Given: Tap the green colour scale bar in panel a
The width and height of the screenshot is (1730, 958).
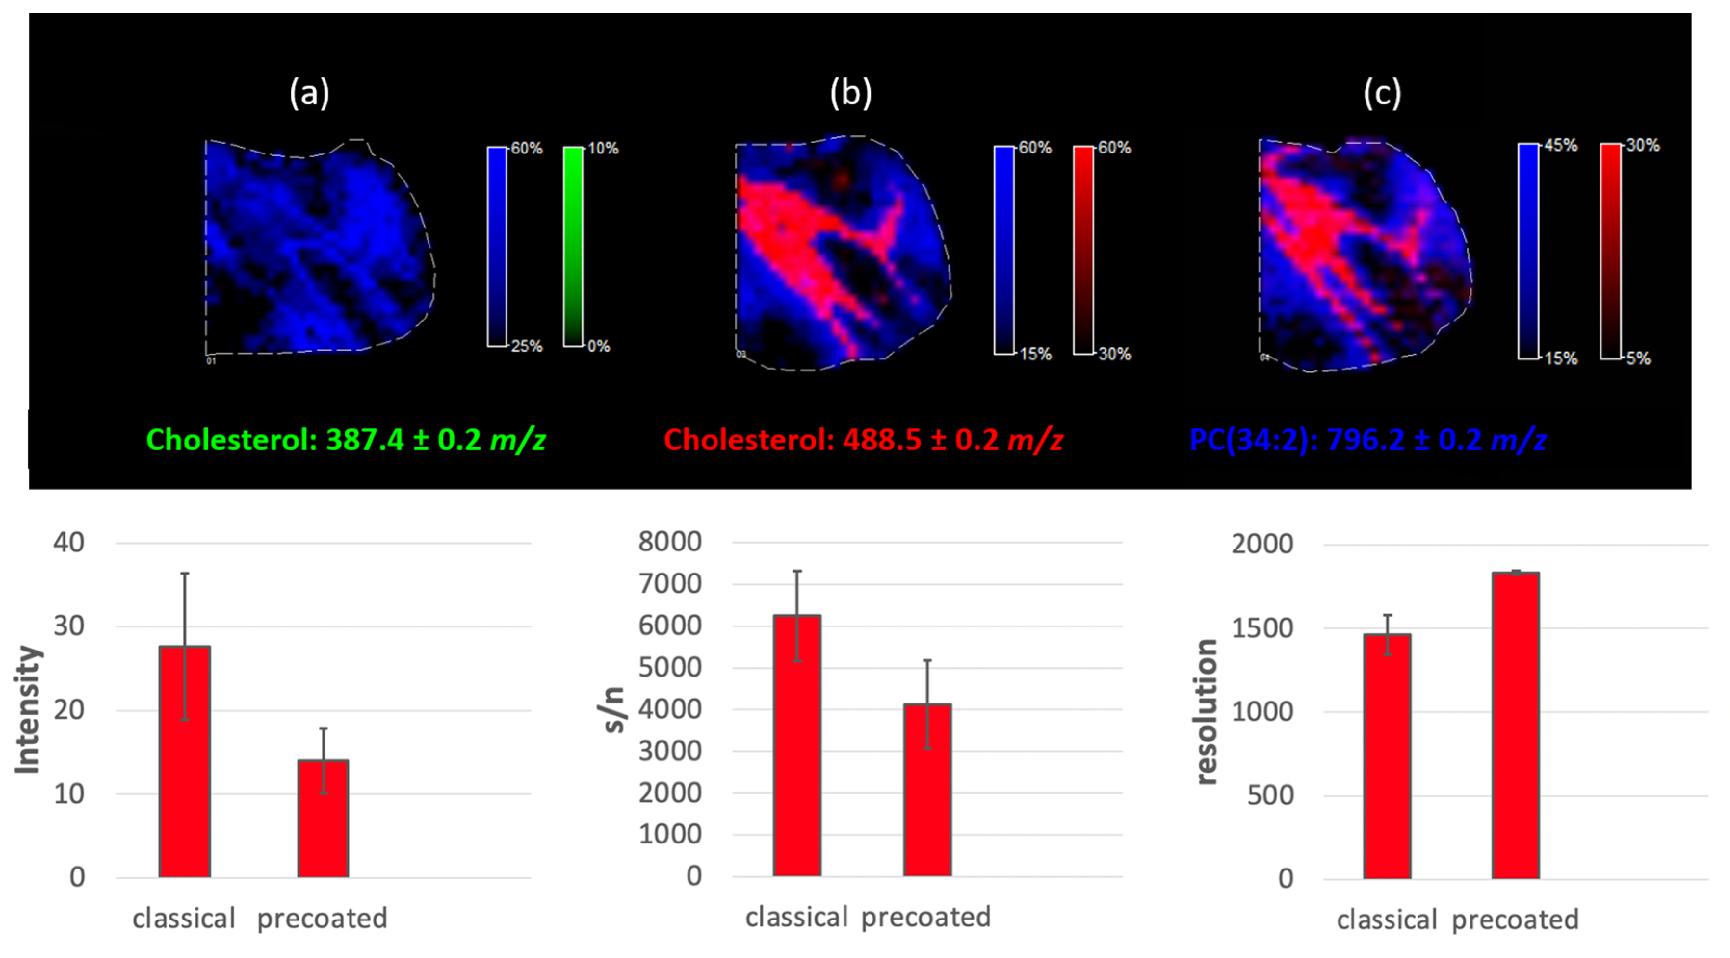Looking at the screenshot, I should point(573,246).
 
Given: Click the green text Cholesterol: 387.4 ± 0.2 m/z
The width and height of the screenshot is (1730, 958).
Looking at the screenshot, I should point(346,440).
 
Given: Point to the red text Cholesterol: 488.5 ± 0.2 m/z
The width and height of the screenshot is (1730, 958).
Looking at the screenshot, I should point(863,440).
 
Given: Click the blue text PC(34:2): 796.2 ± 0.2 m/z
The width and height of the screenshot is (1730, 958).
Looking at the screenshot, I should point(1367,440).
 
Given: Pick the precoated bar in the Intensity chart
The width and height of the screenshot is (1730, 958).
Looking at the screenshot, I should point(323,818).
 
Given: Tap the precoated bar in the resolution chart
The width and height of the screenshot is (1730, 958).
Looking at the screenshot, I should point(1516,725).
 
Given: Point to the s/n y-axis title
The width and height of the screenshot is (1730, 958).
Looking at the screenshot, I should point(613,710).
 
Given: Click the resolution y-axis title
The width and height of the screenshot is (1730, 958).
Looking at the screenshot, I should point(1207,712).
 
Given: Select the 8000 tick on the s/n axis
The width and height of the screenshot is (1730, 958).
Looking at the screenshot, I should point(670,541).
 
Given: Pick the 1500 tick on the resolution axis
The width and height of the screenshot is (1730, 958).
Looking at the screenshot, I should point(1262,628).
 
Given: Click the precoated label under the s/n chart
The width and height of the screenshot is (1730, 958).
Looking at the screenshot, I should point(925,917).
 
